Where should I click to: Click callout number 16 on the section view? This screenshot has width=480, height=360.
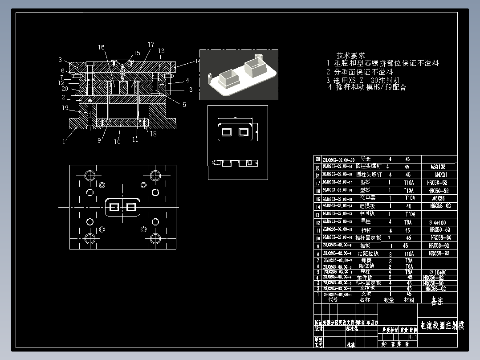102,47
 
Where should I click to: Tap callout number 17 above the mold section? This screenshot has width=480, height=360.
151,45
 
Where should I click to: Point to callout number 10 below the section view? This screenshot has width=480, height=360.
117,142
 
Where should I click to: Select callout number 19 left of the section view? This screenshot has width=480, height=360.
65,108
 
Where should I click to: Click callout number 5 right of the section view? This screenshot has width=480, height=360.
183,105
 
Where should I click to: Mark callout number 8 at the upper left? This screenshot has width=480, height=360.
60,60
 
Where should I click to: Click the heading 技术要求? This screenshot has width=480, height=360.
350,56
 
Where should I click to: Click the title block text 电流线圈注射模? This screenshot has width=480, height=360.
442,326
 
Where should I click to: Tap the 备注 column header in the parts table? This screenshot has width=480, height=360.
437,302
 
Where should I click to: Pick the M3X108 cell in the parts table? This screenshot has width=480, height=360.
438,167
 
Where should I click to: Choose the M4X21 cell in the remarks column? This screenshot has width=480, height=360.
438,175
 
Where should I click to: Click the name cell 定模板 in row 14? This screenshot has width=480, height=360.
367,206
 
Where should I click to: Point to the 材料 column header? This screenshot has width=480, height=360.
409,300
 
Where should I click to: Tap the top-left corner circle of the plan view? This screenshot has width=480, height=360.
90,174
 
